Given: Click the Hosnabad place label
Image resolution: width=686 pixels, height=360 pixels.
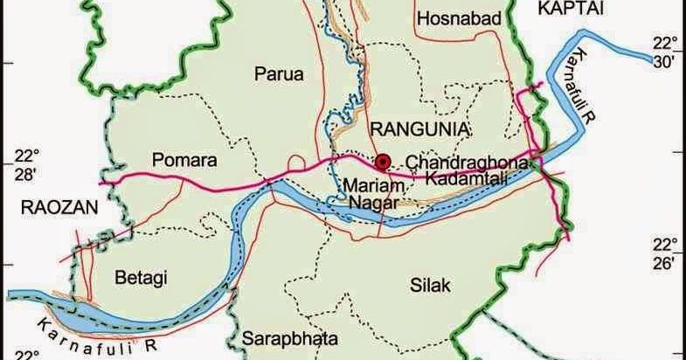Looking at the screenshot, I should pos(457,19).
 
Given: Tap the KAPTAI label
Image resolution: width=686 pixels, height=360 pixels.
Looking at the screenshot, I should pos(566,7).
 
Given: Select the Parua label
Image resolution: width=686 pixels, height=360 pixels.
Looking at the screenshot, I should pos(279,75).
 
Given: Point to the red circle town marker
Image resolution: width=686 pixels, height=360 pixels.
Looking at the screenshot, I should pos(382,161).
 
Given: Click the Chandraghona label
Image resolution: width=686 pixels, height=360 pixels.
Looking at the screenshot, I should pos(466,163).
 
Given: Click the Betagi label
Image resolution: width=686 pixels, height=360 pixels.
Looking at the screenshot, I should pos(142,278).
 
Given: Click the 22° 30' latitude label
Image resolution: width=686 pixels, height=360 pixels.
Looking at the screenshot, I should pos(666,52).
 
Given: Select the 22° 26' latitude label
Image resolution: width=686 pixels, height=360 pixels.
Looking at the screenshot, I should pos(665,252).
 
